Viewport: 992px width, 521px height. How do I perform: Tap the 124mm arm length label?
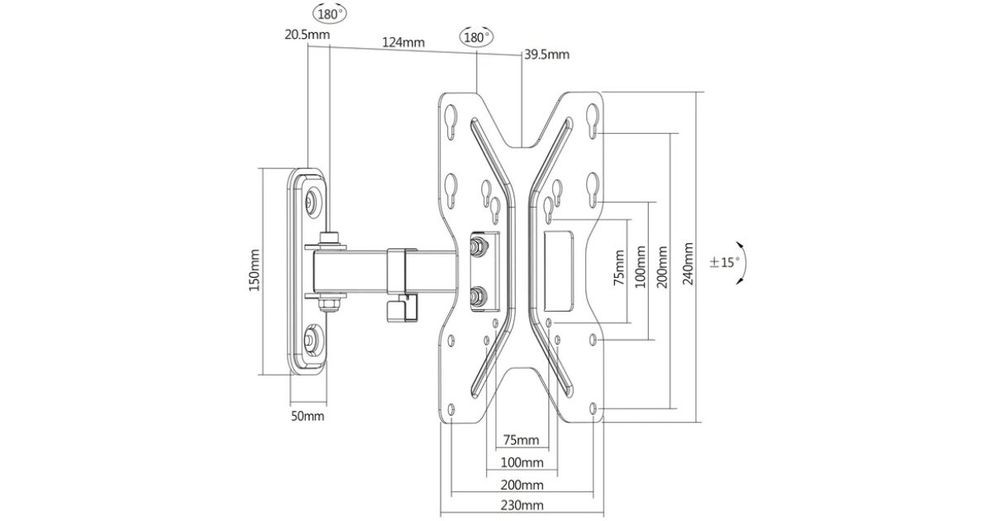coord(403,42)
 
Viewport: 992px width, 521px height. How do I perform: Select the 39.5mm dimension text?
coord(546,55)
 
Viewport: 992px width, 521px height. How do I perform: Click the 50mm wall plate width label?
coord(308,416)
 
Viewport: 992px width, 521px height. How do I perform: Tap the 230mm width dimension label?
coord(522,505)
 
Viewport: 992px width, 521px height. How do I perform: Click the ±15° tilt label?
coord(725,263)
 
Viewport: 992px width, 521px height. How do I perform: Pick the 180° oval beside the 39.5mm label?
coord(476,38)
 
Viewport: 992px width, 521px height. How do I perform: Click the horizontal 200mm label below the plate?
coord(522,484)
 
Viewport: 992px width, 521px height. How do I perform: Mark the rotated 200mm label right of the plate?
coord(662,267)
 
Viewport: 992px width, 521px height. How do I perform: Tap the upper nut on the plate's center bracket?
coord(477,246)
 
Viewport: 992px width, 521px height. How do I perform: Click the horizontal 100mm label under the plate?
coord(522,461)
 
